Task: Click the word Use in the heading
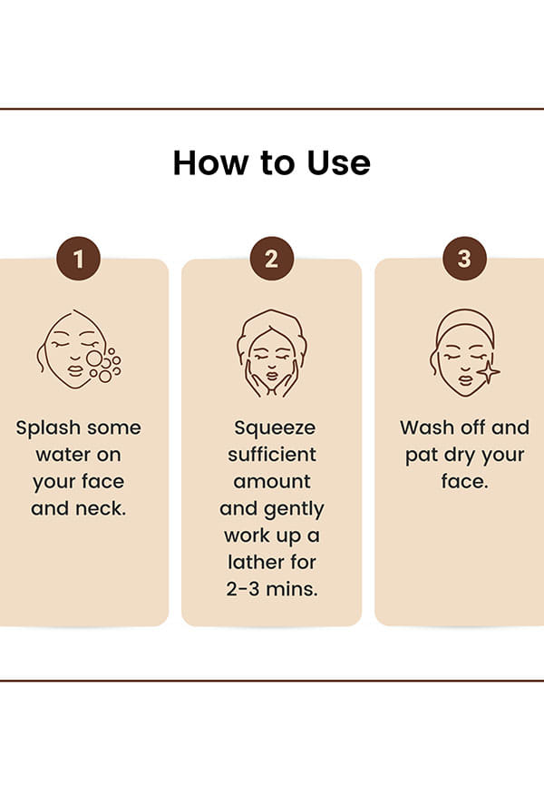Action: (x=338, y=162)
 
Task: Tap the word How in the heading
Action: (x=211, y=162)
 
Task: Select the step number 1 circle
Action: (x=78, y=259)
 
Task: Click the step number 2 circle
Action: (x=271, y=259)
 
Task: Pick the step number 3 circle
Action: (x=464, y=259)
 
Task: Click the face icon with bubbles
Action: (x=79, y=349)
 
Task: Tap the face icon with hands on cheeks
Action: (x=271, y=353)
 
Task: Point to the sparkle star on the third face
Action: (x=488, y=372)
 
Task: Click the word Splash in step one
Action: (x=48, y=428)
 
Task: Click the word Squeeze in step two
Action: (x=275, y=428)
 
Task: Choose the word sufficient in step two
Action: (x=272, y=454)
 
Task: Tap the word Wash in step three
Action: (x=427, y=427)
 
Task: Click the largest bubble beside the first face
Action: (x=94, y=359)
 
